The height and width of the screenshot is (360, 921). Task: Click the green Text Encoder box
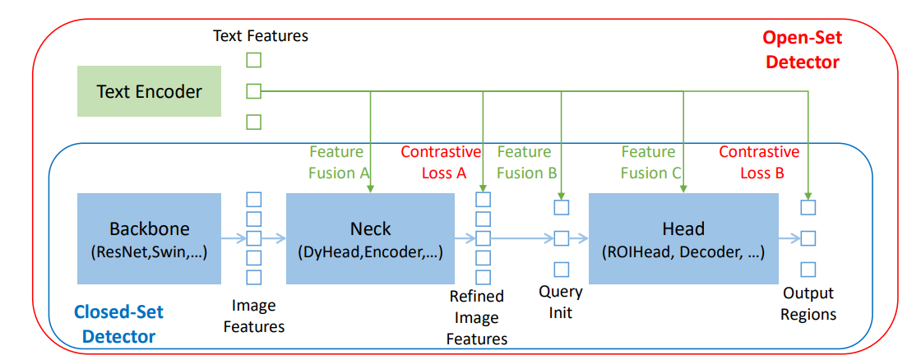click(149, 91)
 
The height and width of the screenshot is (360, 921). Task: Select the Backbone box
click(149, 238)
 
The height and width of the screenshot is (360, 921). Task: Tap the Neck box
click(370, 238)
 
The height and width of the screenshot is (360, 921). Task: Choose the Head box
click(683, 238)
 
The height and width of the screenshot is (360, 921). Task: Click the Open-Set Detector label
click(802, 49)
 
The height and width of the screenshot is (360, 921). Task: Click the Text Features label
click(260, 35)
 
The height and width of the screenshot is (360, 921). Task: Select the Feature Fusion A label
click(336, 162)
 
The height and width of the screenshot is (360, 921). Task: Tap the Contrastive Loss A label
click(441, 162)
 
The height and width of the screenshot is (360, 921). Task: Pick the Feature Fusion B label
click(524, 162)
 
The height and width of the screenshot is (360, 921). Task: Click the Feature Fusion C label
click(648, 162)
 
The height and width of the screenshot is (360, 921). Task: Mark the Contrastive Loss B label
click(758, 162)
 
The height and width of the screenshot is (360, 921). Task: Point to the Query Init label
click(561, 302)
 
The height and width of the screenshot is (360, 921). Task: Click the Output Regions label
click(808, 303)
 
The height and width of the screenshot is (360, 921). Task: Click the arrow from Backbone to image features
click(234, 238)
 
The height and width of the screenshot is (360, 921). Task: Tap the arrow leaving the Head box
click(789, 238)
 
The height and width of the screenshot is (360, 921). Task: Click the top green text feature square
click(254, 60)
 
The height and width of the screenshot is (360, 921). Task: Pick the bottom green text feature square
click(254, 122)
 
